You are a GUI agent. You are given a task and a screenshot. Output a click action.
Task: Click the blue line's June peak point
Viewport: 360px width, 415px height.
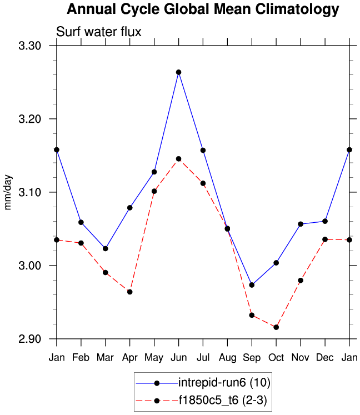178,72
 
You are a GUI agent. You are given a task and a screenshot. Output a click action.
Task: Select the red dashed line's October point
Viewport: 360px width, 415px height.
276,327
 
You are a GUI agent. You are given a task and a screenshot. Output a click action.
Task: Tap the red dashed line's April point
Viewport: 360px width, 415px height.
129,292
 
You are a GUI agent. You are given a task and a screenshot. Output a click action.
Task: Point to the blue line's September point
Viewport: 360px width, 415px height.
252,285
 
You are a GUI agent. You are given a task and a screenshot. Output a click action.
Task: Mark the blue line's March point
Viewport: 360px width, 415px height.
106,248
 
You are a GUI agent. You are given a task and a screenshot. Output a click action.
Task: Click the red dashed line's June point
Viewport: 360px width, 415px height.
178,159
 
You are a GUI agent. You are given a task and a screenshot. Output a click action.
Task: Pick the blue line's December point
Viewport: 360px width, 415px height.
325,221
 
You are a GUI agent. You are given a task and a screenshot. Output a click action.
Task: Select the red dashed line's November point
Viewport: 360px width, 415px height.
301,281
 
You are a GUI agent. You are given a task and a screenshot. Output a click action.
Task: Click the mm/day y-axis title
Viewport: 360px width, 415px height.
8,192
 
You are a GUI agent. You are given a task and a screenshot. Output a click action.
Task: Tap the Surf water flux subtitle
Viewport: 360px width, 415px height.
99,32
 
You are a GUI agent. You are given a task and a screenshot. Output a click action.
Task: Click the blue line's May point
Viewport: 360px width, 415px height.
154,172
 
